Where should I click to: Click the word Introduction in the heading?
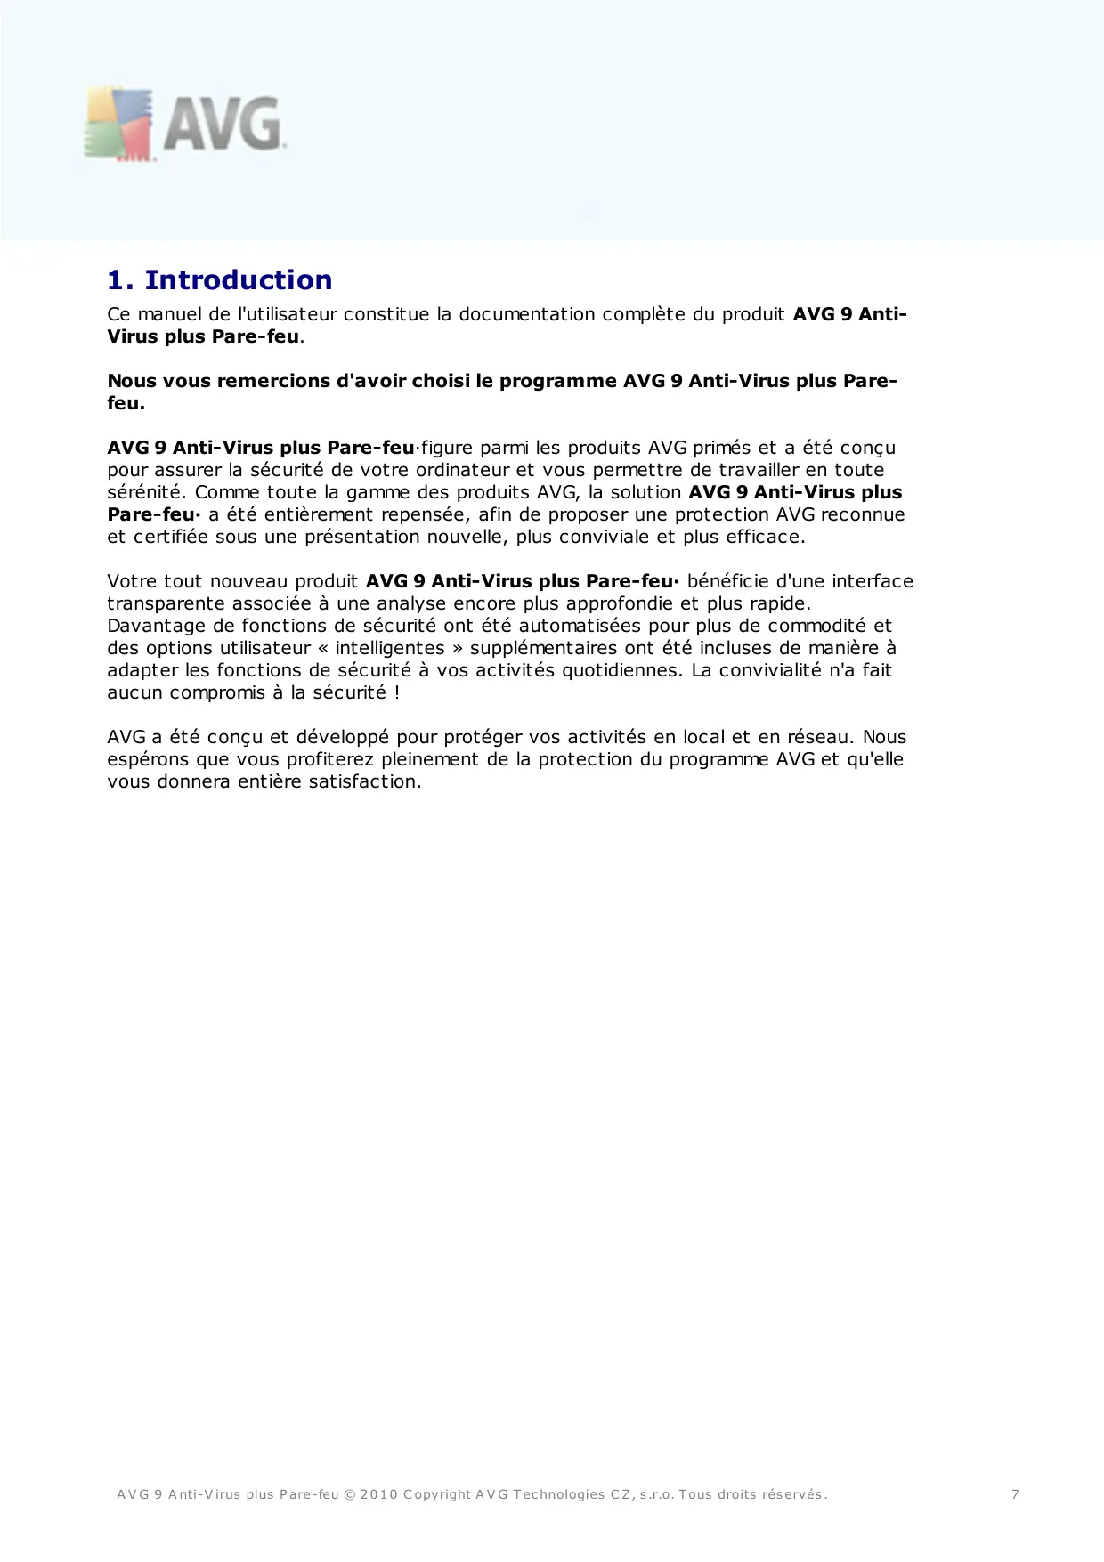[239, 280]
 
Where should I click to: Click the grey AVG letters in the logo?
[222, 124]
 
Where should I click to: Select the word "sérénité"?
[144, 492]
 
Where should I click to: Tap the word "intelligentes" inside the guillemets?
[390, 648]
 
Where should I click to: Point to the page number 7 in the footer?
[1015, 1494]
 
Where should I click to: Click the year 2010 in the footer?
[378, 1494]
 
